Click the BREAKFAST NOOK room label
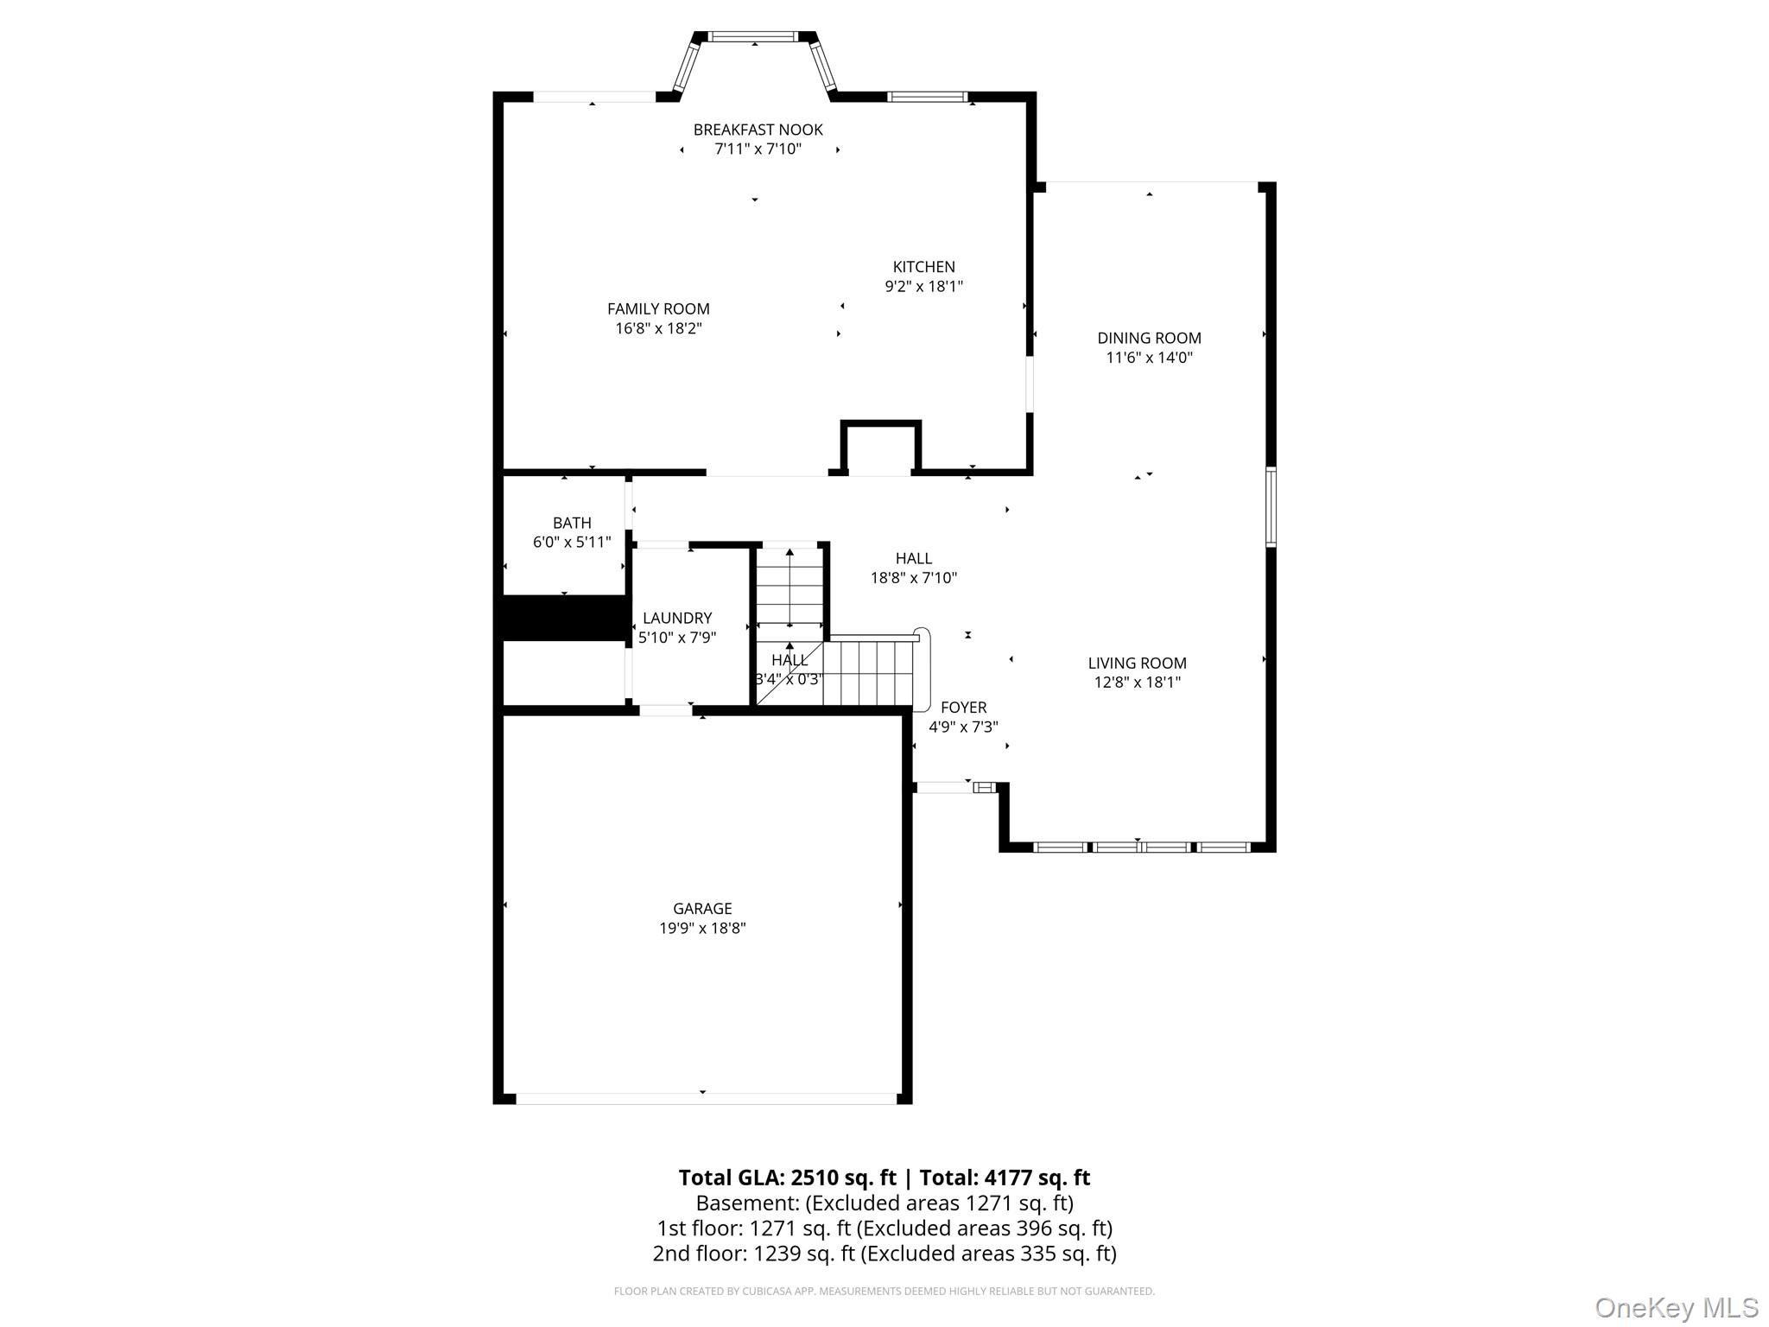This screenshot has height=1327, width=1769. (758, 130)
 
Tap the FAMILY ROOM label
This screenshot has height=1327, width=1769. (658, 308)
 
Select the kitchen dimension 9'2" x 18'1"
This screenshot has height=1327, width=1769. (923, 286)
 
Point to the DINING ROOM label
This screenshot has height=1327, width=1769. (1149, 338)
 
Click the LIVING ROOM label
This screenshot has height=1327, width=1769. (1137, 663)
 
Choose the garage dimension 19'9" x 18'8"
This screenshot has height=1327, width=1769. (702, 928)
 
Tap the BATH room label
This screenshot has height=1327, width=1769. (572, 523)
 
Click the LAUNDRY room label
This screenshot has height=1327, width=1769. (677, 618)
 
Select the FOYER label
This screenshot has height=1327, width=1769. (963, 708)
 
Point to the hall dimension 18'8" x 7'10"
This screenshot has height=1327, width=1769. (914, 578)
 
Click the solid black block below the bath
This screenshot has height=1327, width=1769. (565, 619)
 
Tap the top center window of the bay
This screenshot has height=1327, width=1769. (754, 36)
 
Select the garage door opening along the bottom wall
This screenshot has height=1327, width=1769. (706, 1099)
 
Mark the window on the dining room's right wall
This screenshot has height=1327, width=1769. (1271, 507)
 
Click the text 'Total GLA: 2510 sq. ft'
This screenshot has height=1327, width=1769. (787, 1178)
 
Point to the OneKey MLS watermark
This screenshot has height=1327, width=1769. (1676, 1307)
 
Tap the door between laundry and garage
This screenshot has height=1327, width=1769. (665, 710)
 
